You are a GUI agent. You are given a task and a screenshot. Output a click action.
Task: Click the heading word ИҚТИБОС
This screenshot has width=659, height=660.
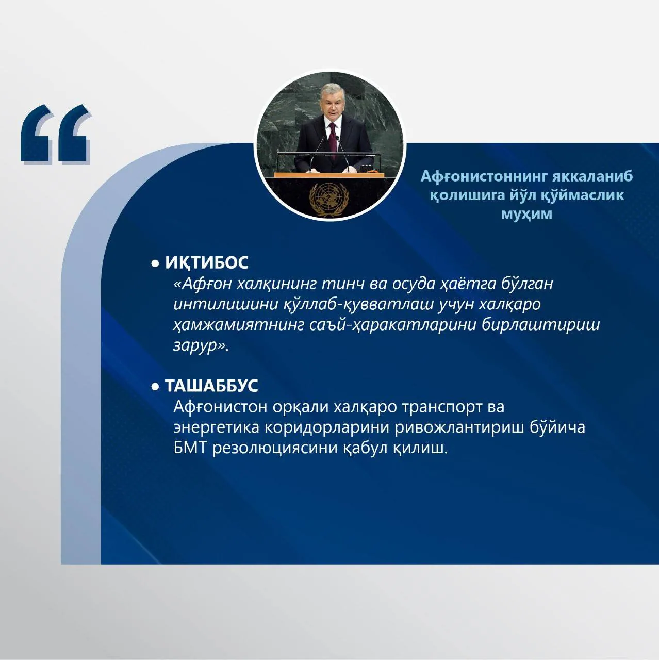[207, 263]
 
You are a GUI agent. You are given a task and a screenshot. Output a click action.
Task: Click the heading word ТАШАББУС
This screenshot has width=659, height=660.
[211, 386]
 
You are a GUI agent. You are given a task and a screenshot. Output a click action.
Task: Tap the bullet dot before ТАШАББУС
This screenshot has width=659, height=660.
[155, 387]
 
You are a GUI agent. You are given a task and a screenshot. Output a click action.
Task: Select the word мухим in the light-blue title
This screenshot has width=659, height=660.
[527, 213]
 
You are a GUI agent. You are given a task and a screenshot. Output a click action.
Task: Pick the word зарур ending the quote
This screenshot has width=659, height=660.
[198, 345]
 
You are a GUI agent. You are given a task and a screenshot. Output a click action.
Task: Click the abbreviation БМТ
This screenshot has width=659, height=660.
[190, 448]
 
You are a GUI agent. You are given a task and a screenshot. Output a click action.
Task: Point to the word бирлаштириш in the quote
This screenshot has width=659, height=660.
[541, 325]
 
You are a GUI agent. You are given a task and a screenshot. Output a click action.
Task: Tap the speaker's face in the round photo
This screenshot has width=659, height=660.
[331, 102]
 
